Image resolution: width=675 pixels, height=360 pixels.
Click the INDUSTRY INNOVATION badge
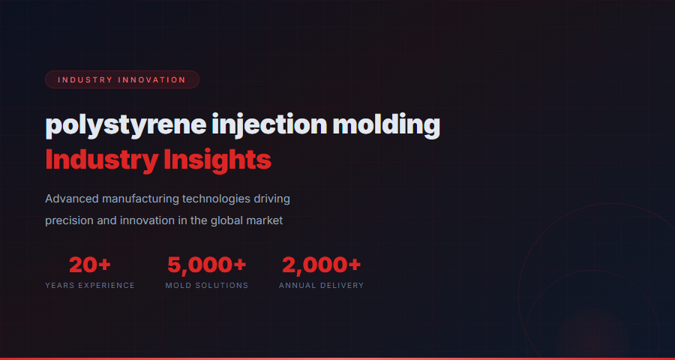coord(121,79)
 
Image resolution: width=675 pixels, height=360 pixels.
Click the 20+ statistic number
coord(90,265)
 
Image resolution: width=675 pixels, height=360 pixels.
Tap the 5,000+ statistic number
coord(206,265)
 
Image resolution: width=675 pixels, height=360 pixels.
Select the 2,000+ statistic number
coord(321,265)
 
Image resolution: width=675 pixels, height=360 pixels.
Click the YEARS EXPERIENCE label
coord(90,286)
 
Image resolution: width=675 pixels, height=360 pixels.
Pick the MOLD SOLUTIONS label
coord(206,286)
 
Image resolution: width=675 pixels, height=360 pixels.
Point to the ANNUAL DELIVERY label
coord(321,286)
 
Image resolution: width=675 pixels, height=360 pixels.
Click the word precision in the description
coord(70,221)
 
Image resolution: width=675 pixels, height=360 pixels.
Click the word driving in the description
coord(271,199)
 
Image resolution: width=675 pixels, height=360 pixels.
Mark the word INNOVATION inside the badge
coord(152,79)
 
